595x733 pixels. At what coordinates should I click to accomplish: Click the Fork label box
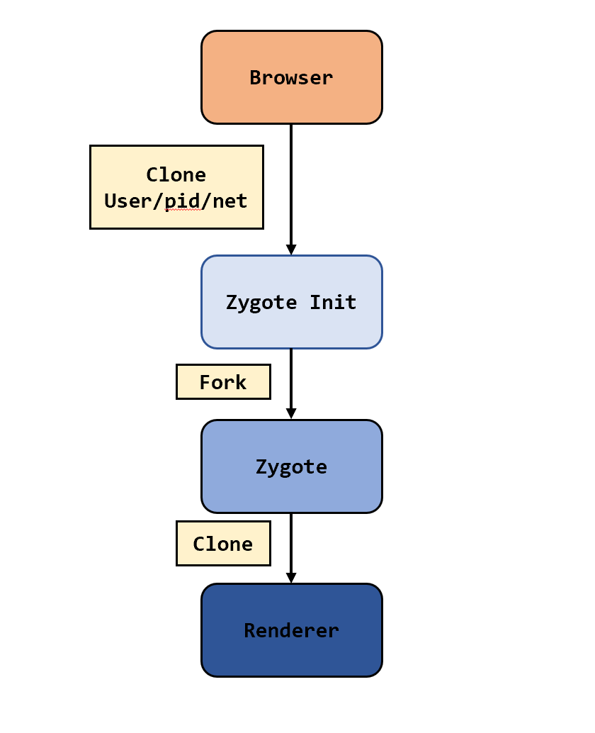coord(223,382)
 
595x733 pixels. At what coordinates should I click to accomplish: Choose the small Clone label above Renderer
coord(223,544)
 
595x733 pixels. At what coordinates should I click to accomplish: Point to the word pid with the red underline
coord(183,201)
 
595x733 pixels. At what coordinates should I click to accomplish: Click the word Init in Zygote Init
coord(333,303)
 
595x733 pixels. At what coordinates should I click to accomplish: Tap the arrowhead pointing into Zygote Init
coord(291,250)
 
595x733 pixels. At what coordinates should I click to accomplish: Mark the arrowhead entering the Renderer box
coord(291,578)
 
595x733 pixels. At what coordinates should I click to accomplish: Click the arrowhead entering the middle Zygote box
coord(291,414)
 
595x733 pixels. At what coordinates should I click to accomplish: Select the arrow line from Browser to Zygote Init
coord(291,184)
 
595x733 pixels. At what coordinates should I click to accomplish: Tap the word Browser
coord(291,78)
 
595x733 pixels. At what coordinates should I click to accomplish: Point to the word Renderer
coord(291,630)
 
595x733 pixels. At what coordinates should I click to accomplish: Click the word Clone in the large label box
coord(176,175)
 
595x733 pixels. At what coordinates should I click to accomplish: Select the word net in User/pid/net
coord(230,201)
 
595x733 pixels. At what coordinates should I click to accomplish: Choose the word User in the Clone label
coord(128,201)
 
